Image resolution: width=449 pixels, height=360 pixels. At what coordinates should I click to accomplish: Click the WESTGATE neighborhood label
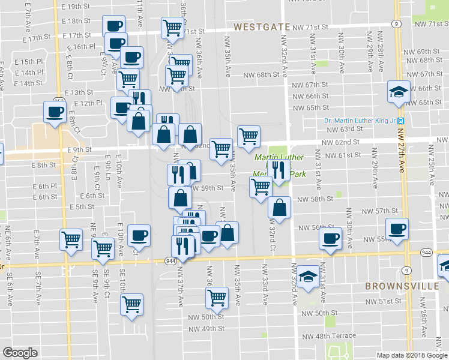pos(258,27)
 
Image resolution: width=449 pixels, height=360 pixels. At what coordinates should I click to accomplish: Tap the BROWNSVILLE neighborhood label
pos(402,286)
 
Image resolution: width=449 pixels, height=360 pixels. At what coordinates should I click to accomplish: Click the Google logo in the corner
pos(20,353)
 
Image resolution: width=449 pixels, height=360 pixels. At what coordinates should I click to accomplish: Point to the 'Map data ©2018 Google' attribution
pos(412,355)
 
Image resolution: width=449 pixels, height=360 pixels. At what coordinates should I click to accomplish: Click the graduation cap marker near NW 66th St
pos(398,91)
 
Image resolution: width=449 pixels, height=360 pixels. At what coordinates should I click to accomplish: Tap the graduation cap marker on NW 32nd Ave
pos(309,276)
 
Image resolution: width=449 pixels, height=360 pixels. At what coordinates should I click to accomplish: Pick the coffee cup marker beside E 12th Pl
pos(55,111)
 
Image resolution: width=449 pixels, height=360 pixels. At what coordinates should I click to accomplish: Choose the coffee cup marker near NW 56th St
pos(330,238)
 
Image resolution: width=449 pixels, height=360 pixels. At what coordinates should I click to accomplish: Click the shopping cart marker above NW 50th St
pos(217,296)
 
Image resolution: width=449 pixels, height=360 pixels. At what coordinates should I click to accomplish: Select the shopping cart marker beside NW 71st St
pos(172,26)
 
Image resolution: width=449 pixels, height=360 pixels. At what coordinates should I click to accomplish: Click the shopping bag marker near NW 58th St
pos(279,208)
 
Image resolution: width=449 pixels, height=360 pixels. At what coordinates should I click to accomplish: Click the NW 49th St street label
pos(206,329)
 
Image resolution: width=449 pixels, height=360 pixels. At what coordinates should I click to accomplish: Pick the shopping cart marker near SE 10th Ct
pos(131,304)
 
